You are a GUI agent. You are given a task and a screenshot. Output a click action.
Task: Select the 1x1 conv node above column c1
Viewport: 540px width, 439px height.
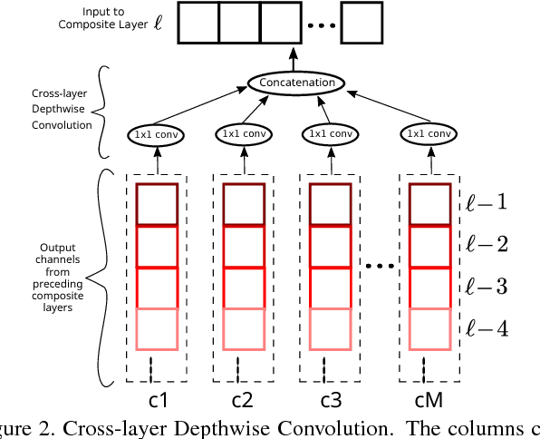pyautogui.click(x=157, y=134)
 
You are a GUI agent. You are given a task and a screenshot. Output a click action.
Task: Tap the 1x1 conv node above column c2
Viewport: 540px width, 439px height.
pyautogui.click(x=243, y=134)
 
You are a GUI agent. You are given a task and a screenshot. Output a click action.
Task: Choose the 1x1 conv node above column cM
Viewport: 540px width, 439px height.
pyautogui.click(x=428, y=134)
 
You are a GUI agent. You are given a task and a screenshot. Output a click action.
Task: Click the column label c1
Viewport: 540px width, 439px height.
pyautogui.click(x=158, y=399)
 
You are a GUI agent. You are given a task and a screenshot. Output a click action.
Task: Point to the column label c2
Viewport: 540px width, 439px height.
pyautogui.click(x=244, y=399)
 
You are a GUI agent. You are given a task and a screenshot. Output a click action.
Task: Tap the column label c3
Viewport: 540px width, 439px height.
pyautogui.click(x=331, y=399)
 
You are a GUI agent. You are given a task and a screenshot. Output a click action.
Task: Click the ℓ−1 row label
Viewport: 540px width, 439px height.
pyautogui.click(x=487, y=201)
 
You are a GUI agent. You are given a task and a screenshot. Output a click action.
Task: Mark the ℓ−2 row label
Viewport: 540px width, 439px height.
pyautogui.click(x=487, y=243)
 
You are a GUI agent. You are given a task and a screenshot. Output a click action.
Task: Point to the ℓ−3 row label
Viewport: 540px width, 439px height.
pyautogui.click(x=487, y=287)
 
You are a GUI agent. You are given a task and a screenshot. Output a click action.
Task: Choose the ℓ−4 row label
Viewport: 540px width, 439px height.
pyautogui.click(x=487, y=327)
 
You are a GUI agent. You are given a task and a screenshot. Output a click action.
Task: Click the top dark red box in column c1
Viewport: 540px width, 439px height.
pyautogui.click(x=158, y=204)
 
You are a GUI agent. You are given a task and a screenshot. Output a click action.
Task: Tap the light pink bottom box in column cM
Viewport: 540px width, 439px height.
pyautogui.click(x=429, y=328)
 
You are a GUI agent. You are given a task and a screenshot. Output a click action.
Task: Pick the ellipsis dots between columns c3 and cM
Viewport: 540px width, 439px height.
pyautogui.click(x=381, y=266)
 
